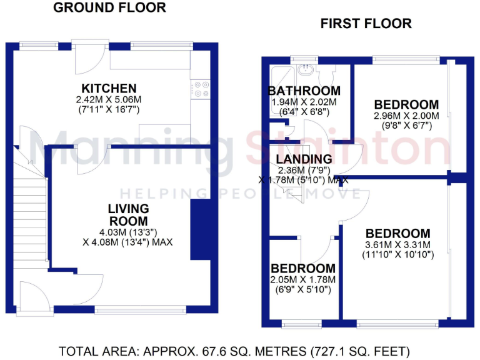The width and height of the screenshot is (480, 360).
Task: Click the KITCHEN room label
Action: (x=109, y=88)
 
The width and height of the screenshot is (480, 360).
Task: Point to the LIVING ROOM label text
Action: (x=128, y=214)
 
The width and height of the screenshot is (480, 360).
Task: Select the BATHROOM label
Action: (x=304, y=91)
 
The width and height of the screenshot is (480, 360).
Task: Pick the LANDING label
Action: (x=304, y=159)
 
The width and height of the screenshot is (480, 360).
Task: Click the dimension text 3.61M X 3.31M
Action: (x=398, y=244)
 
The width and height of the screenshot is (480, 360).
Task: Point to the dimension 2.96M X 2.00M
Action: (x=406, y=116)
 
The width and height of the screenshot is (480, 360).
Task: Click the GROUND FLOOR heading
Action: (x=109, y=8)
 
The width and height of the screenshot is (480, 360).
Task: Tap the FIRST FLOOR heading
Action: (x=366, y=24)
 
